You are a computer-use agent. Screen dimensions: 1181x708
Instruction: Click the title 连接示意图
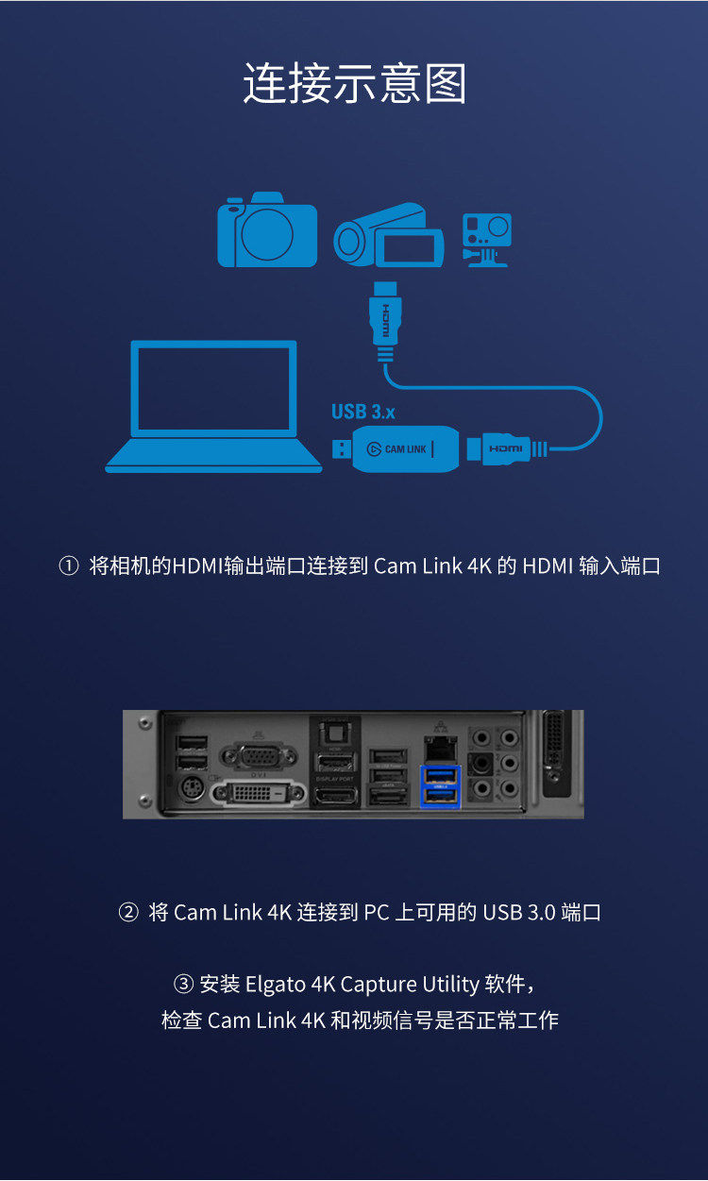pyautogui.click(x=354, y=84)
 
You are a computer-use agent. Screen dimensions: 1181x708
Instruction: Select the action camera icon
pyautogui.click(x=486, y=239)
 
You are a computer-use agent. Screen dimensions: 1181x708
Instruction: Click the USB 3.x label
pyautogui.click(x=362, y=412)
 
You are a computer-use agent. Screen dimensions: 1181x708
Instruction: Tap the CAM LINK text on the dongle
pyautogui.click(x=406, y=449)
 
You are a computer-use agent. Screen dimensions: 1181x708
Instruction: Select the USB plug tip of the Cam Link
pyautogui.click(x=338, y=447)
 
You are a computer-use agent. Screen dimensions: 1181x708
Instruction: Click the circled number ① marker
pyautogui.click(x=68, y=566)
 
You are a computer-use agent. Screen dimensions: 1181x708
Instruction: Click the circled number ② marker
pyautogui.click(x=127, y=913)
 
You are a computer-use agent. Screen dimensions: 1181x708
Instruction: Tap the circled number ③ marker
pyautogui.click(x=183, y=985)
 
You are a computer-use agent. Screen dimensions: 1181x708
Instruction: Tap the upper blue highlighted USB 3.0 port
pyautogui.click(x=439, y=777)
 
